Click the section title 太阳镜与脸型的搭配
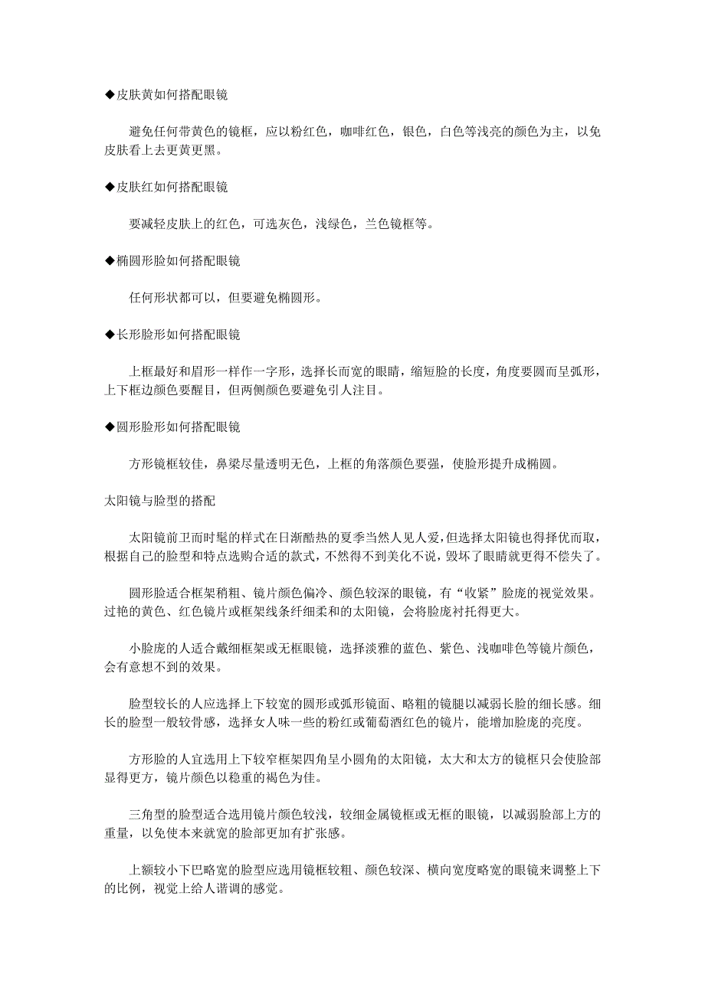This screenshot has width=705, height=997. (x=160, y=501)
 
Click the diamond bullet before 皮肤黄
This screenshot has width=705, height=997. (x=109, y=96)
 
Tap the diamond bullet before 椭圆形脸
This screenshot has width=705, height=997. (x=109, y=260)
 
